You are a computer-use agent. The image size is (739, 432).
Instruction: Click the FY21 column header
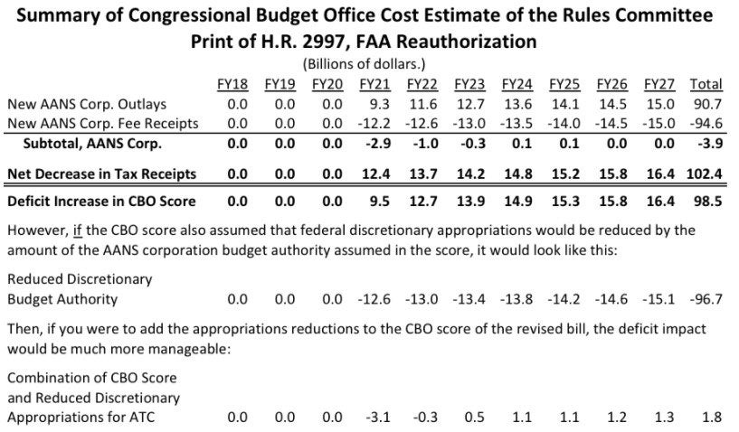point(374,85)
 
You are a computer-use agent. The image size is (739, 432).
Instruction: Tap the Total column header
point(706,85)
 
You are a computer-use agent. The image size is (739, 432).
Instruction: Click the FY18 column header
point(232,85)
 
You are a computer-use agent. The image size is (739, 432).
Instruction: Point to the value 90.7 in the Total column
point(708,105)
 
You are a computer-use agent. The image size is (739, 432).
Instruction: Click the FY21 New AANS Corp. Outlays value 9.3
point(379,105)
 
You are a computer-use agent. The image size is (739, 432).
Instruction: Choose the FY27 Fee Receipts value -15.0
point(658,124)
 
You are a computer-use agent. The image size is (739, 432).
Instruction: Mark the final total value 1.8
point(712,418)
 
